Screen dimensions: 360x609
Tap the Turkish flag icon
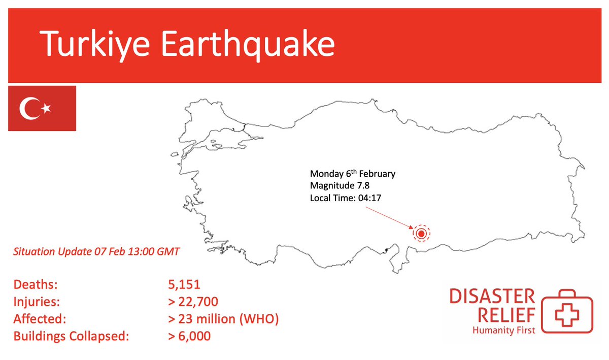click(x=42, y=109)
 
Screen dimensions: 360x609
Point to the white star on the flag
click(x=47, y=108)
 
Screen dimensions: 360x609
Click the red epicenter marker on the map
click(x=421, y=234)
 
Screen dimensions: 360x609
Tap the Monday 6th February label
click(x=353, y=174)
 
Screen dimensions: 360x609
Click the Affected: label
click(x=40, y=319)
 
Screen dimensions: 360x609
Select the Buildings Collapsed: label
click(x=69, y=336)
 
